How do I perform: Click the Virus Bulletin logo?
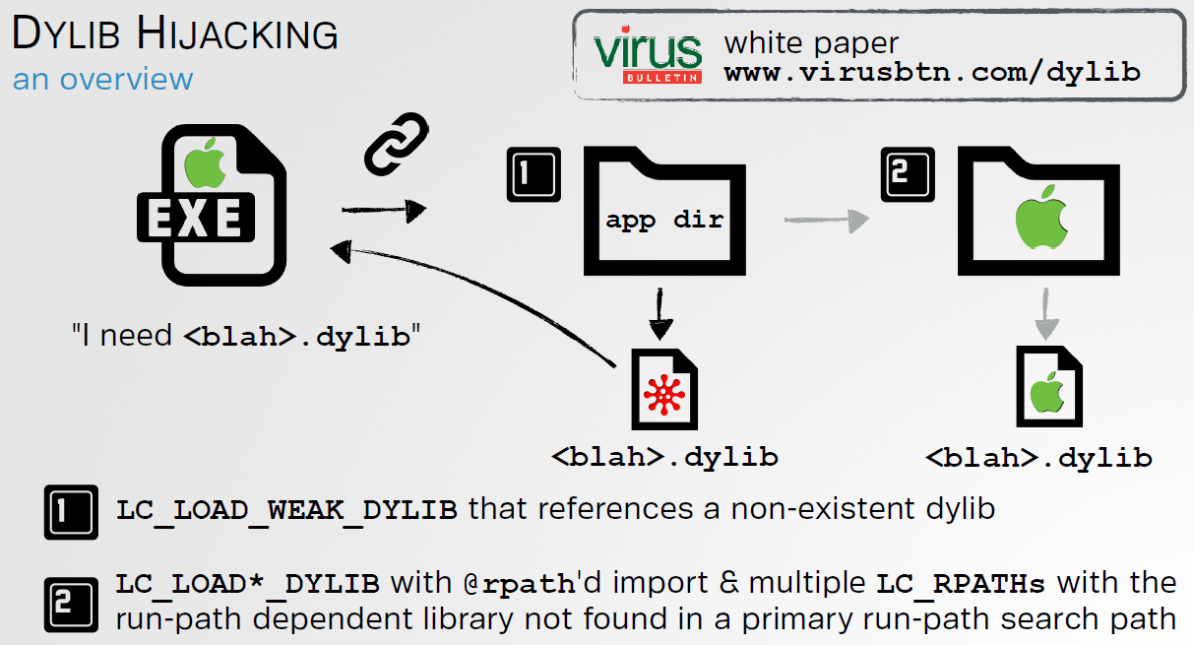[x=648, y=55]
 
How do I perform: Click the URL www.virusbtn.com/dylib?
[x=932, y=73]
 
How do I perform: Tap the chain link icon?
[x=397, y=144]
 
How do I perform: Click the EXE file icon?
[x=212, y=205]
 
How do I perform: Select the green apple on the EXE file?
[x=205, y=163]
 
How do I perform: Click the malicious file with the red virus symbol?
[x=664, y=389]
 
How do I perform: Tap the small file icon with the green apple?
[x=1049, y=386]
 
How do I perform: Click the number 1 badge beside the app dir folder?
[x=534, y=174]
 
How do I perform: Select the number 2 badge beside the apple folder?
[x=908, y=174]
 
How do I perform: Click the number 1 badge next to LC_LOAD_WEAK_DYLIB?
[x=71, y=512]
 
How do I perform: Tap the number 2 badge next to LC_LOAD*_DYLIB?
[x=71, y=605]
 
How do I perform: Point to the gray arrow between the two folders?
[x=827, y=220]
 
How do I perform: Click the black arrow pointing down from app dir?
[x=660, y=314]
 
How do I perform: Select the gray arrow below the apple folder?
[x=1046, y=314]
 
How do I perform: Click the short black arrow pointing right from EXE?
[x=384, y=210]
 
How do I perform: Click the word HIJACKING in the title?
[x=237, y=34]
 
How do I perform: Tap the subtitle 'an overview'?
[x=103, y=80]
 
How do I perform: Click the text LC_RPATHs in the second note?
[x=961, y=584]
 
